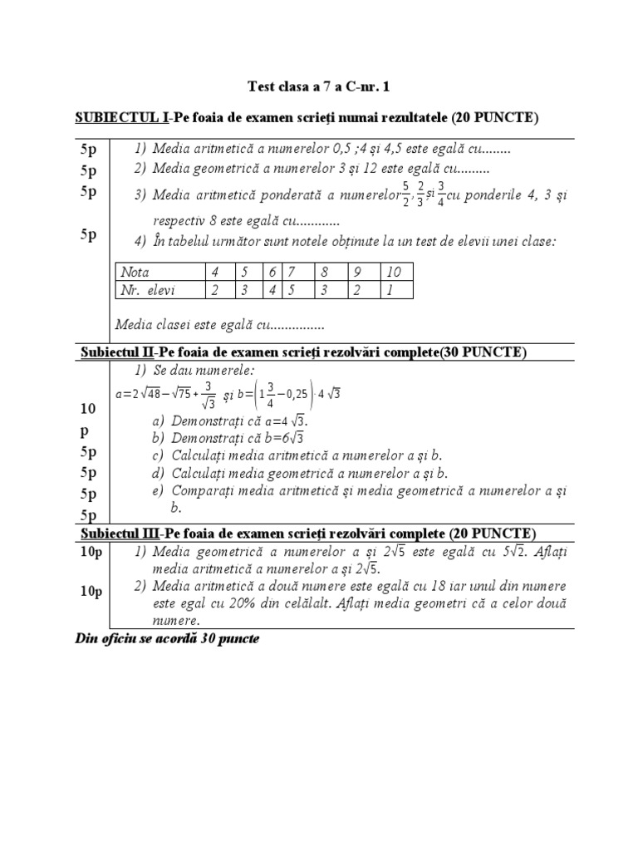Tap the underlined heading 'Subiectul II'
[117, 352]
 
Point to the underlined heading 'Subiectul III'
[120, 533]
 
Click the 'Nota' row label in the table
[135, 272]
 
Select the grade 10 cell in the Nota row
[393, 272]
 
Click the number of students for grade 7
[292, 289]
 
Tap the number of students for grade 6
[271, 289]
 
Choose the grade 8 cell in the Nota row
[325, 272]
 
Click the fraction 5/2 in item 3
[405, 194]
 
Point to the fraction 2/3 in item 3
[421, 194]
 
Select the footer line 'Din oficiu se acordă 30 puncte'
[167, 639]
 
